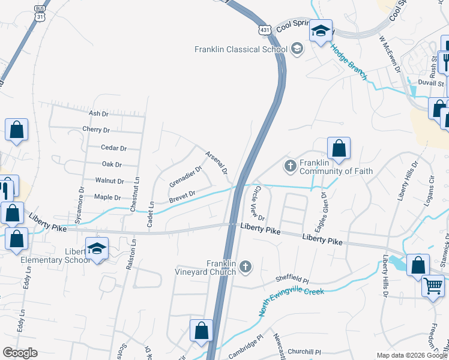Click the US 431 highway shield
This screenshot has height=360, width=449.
265,29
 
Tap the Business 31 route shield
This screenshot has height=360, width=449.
40,13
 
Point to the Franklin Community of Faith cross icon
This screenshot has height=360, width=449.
291,165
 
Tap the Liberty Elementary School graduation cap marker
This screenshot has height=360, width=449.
96,248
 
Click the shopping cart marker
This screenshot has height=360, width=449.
432,285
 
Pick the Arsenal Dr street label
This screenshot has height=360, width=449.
217,163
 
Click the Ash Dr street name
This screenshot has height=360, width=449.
98,113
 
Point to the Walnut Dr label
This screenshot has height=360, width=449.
109,181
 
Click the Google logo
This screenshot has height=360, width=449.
19,353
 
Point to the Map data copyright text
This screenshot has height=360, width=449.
412,355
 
